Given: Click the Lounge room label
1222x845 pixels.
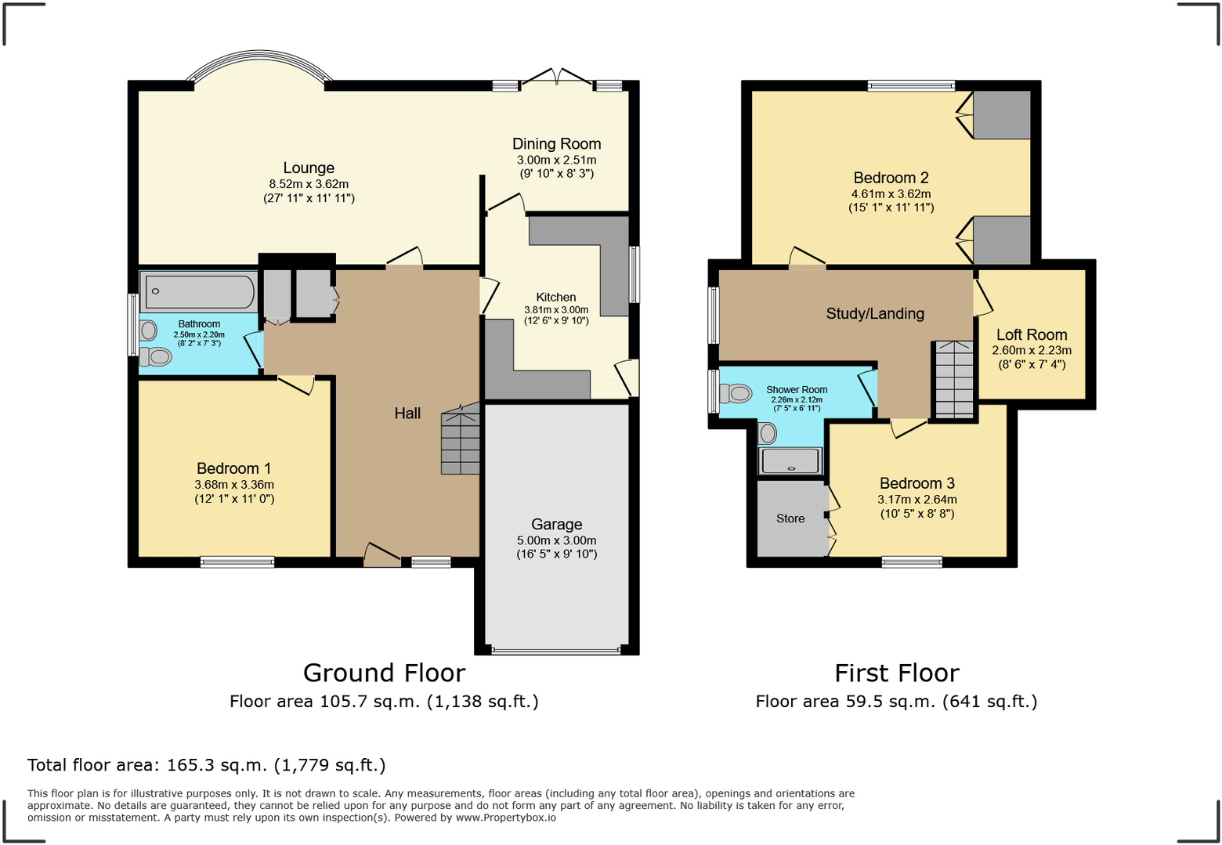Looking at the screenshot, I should coord(309,168).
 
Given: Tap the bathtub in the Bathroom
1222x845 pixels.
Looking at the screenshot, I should coord(200,293).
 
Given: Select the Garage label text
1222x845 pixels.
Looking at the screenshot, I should coord(556,524).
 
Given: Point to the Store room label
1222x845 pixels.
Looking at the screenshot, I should coord(790,518).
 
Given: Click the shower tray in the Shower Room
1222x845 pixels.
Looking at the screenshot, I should coord(790,460).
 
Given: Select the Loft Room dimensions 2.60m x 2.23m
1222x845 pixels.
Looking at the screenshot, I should coord(1032,350).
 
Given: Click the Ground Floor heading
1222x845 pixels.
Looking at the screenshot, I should coord(384,673).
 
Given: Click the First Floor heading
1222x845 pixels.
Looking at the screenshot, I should coord(896,673).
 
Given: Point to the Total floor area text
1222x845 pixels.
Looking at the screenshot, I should coord(207,765).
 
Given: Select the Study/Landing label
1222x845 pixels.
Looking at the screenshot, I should coord(875,313).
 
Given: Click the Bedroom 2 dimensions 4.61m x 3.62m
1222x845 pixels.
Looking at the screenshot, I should coord(891,193).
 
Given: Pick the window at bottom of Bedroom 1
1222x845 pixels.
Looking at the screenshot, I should coord(237,562).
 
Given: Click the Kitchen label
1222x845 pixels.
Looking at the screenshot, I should coord(556,297).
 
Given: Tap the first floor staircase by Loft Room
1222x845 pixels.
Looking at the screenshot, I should coord(954,380).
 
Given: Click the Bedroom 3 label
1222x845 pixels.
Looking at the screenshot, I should coord(916,483).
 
